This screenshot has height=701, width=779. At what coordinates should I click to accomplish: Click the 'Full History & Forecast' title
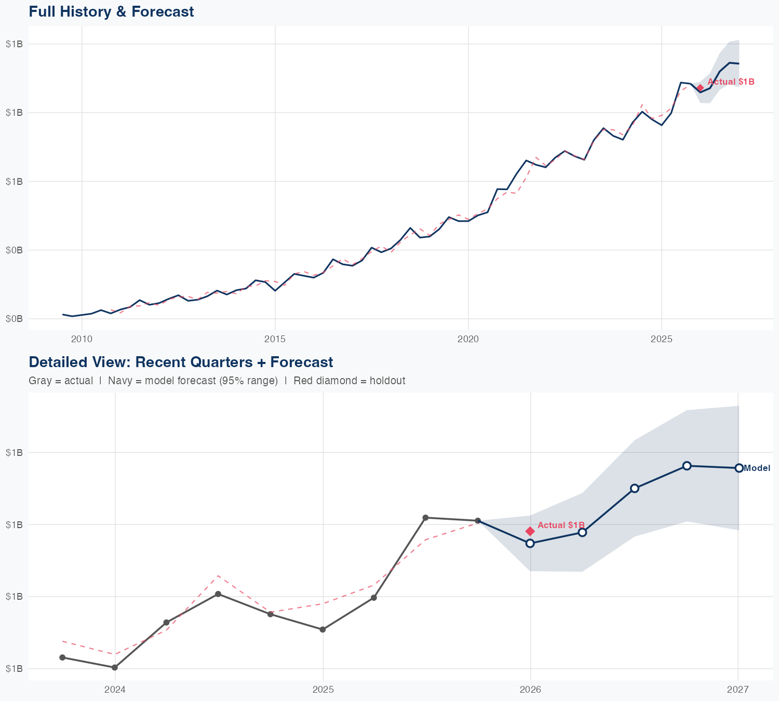click(x=111, y=11)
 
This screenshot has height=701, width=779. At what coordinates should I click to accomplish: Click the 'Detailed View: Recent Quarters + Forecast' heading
click(x=181, y=362)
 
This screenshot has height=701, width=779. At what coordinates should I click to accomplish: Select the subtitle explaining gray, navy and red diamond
click(x=217, y=381)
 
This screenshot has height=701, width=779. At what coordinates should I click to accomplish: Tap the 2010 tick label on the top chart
click(x=82, y=339)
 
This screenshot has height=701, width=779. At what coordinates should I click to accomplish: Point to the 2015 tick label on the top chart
click(x=275, y=339)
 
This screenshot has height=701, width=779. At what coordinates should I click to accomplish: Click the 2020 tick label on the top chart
click(x=468, y=339)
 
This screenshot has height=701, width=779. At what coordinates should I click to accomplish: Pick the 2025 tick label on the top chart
click(x=661, y=339)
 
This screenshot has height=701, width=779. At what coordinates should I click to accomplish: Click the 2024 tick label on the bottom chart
click(x=115, y=690)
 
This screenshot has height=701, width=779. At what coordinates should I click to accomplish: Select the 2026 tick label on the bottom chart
click(x=530, y=690)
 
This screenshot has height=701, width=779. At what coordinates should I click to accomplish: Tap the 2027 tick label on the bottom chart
click(x=738, y=690)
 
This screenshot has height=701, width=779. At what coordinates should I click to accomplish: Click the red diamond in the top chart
click(x=700, y=88)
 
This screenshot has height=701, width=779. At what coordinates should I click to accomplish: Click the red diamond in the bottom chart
click(x=530, y=531)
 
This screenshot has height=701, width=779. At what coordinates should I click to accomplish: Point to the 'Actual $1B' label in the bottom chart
click(x=561, y=525)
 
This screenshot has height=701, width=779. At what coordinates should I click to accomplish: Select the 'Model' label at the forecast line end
click(x=757, y=468)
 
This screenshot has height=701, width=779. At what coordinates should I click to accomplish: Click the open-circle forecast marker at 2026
click(x=530, y=543)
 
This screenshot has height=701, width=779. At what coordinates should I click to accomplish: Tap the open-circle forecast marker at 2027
click(x=738, y=468)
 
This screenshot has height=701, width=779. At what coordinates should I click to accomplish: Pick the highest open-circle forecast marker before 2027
click(x=687, y=466)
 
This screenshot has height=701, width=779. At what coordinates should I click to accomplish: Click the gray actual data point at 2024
click(x=115, y=667)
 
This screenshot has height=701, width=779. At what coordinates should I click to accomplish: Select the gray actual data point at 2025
click(x=323, y=629)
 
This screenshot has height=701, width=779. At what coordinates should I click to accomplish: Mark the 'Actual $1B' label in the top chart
click(x=731, y=82)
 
